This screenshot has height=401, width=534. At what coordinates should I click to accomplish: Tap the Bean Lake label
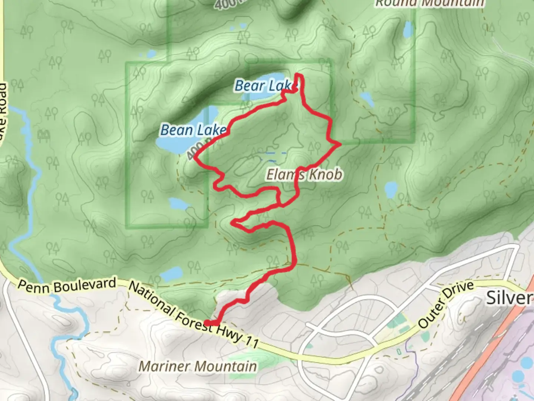[x=193, y=130]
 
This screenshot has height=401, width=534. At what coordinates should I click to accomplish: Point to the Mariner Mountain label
[x=198, y=366]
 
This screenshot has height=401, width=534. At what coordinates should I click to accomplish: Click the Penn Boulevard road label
[x=67, y=286]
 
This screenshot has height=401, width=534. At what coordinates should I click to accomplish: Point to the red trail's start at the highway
[x=208, y=323]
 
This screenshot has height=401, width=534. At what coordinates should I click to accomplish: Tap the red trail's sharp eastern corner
[x=340, y=144]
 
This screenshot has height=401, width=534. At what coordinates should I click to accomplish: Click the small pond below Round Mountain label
[x=408, y=29]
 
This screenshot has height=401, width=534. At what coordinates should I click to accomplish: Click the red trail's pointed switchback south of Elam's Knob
[x=233, y=223]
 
